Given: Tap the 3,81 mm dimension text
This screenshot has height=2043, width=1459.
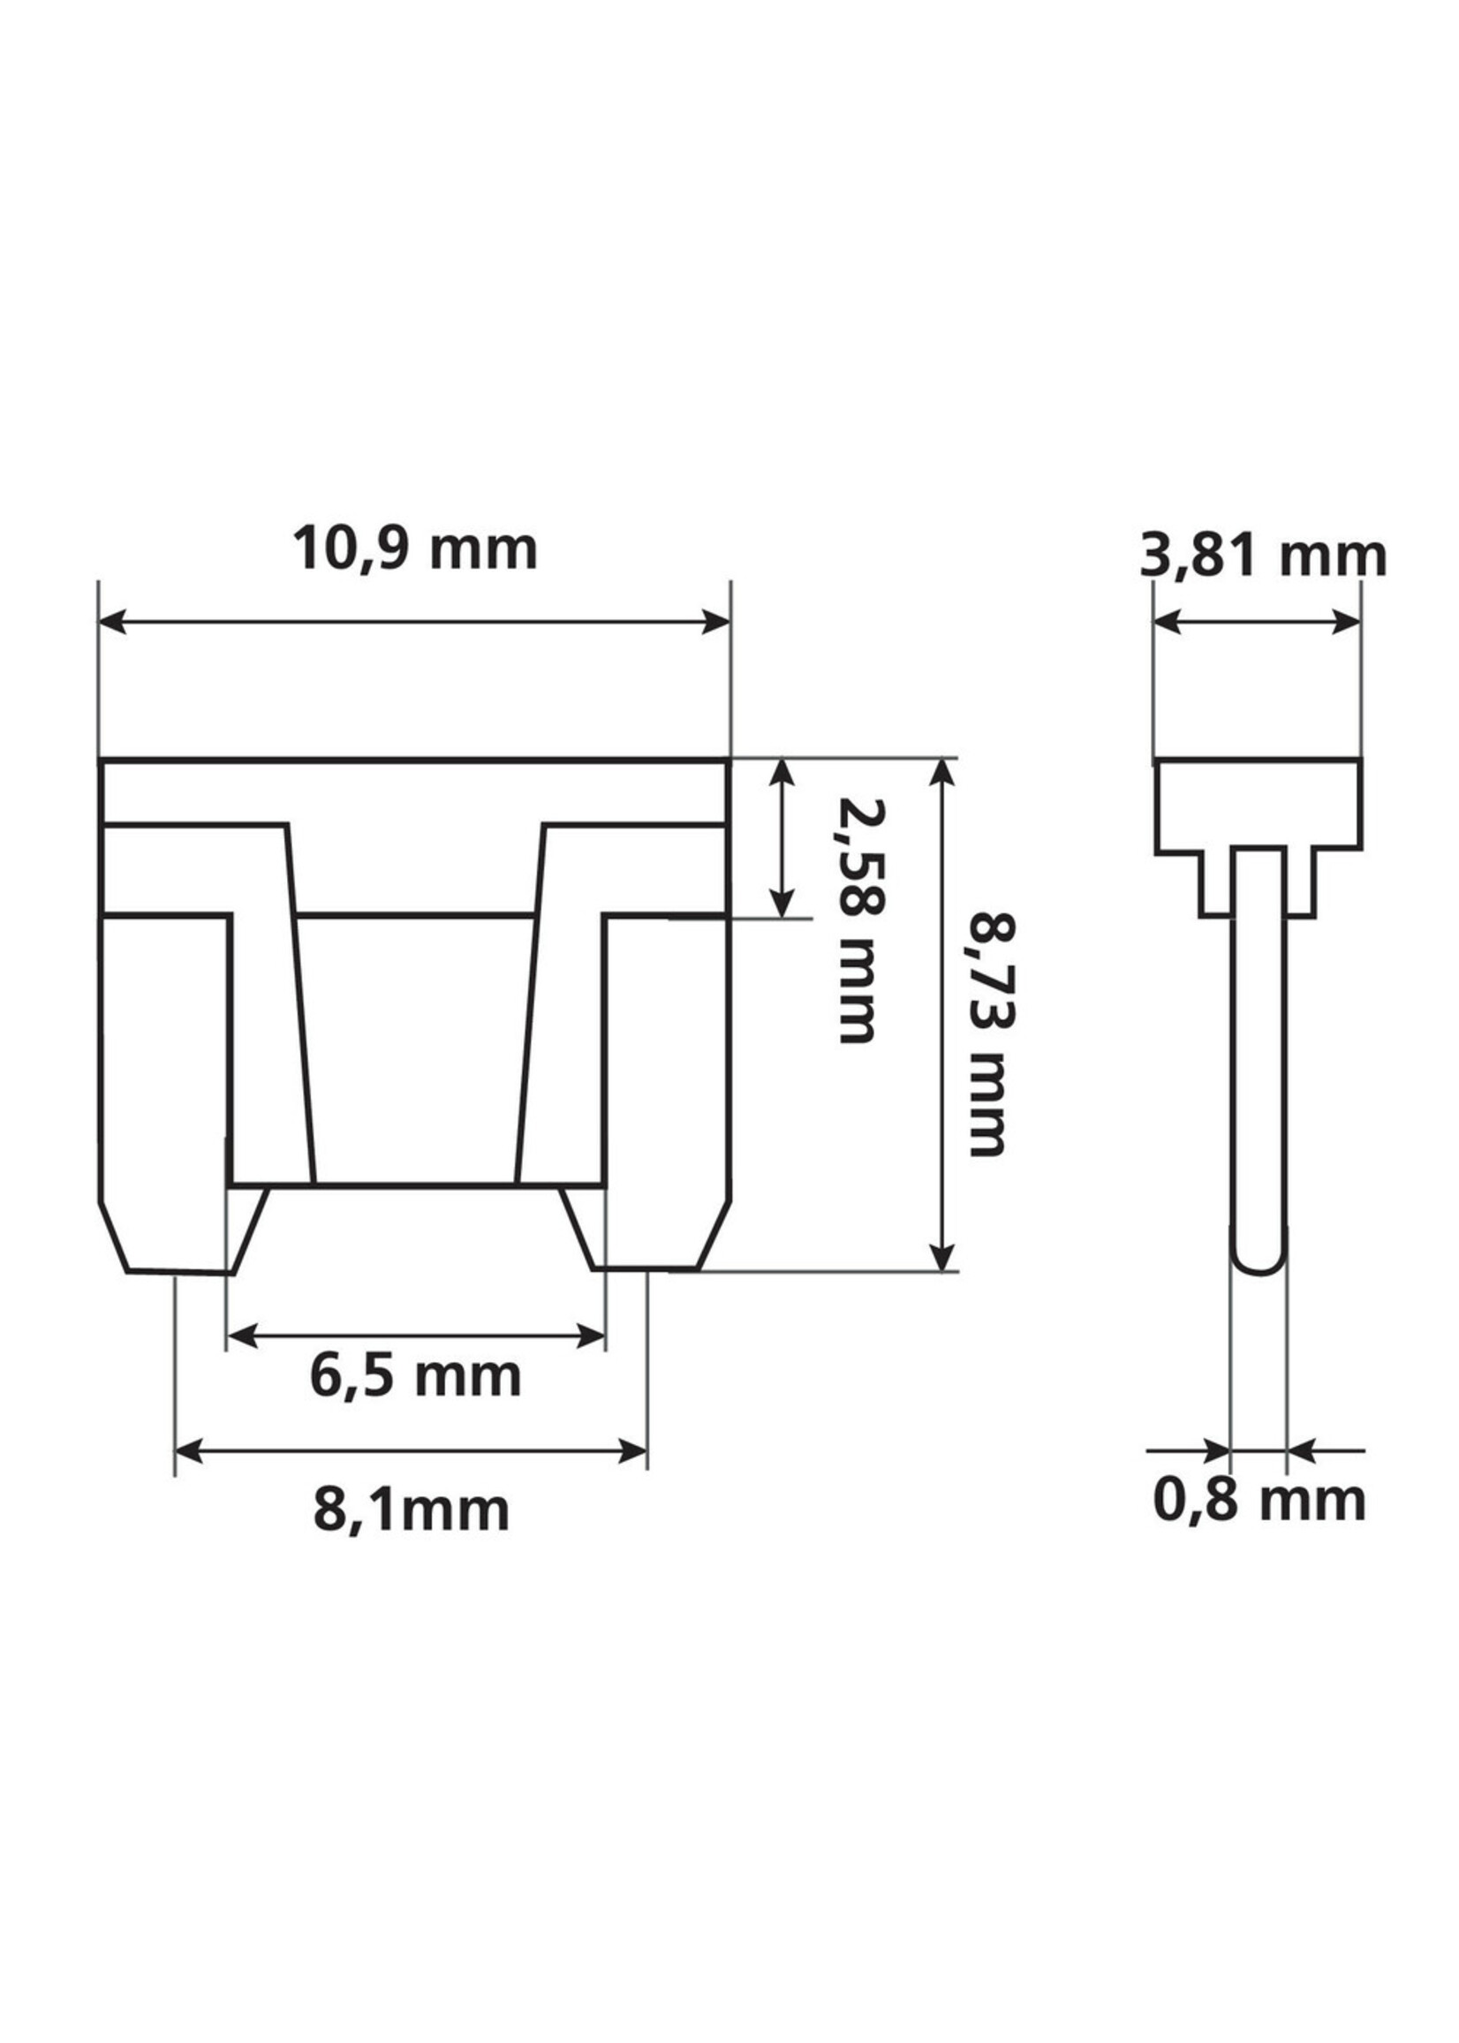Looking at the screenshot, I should pos(1262,557).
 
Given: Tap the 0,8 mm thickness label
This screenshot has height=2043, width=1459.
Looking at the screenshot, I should pos(1259,1500).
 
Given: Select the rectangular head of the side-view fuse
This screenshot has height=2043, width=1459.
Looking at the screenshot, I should pos(1258,802).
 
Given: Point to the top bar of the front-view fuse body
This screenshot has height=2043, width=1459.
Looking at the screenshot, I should pos(413,791).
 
